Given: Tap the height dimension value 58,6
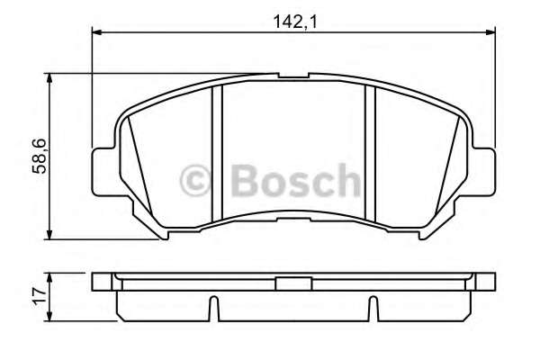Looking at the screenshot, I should [x=38, y=157].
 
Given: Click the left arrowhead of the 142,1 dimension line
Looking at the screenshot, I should [x=97, y=34].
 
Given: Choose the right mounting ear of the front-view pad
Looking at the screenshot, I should [x=485, y=171].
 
